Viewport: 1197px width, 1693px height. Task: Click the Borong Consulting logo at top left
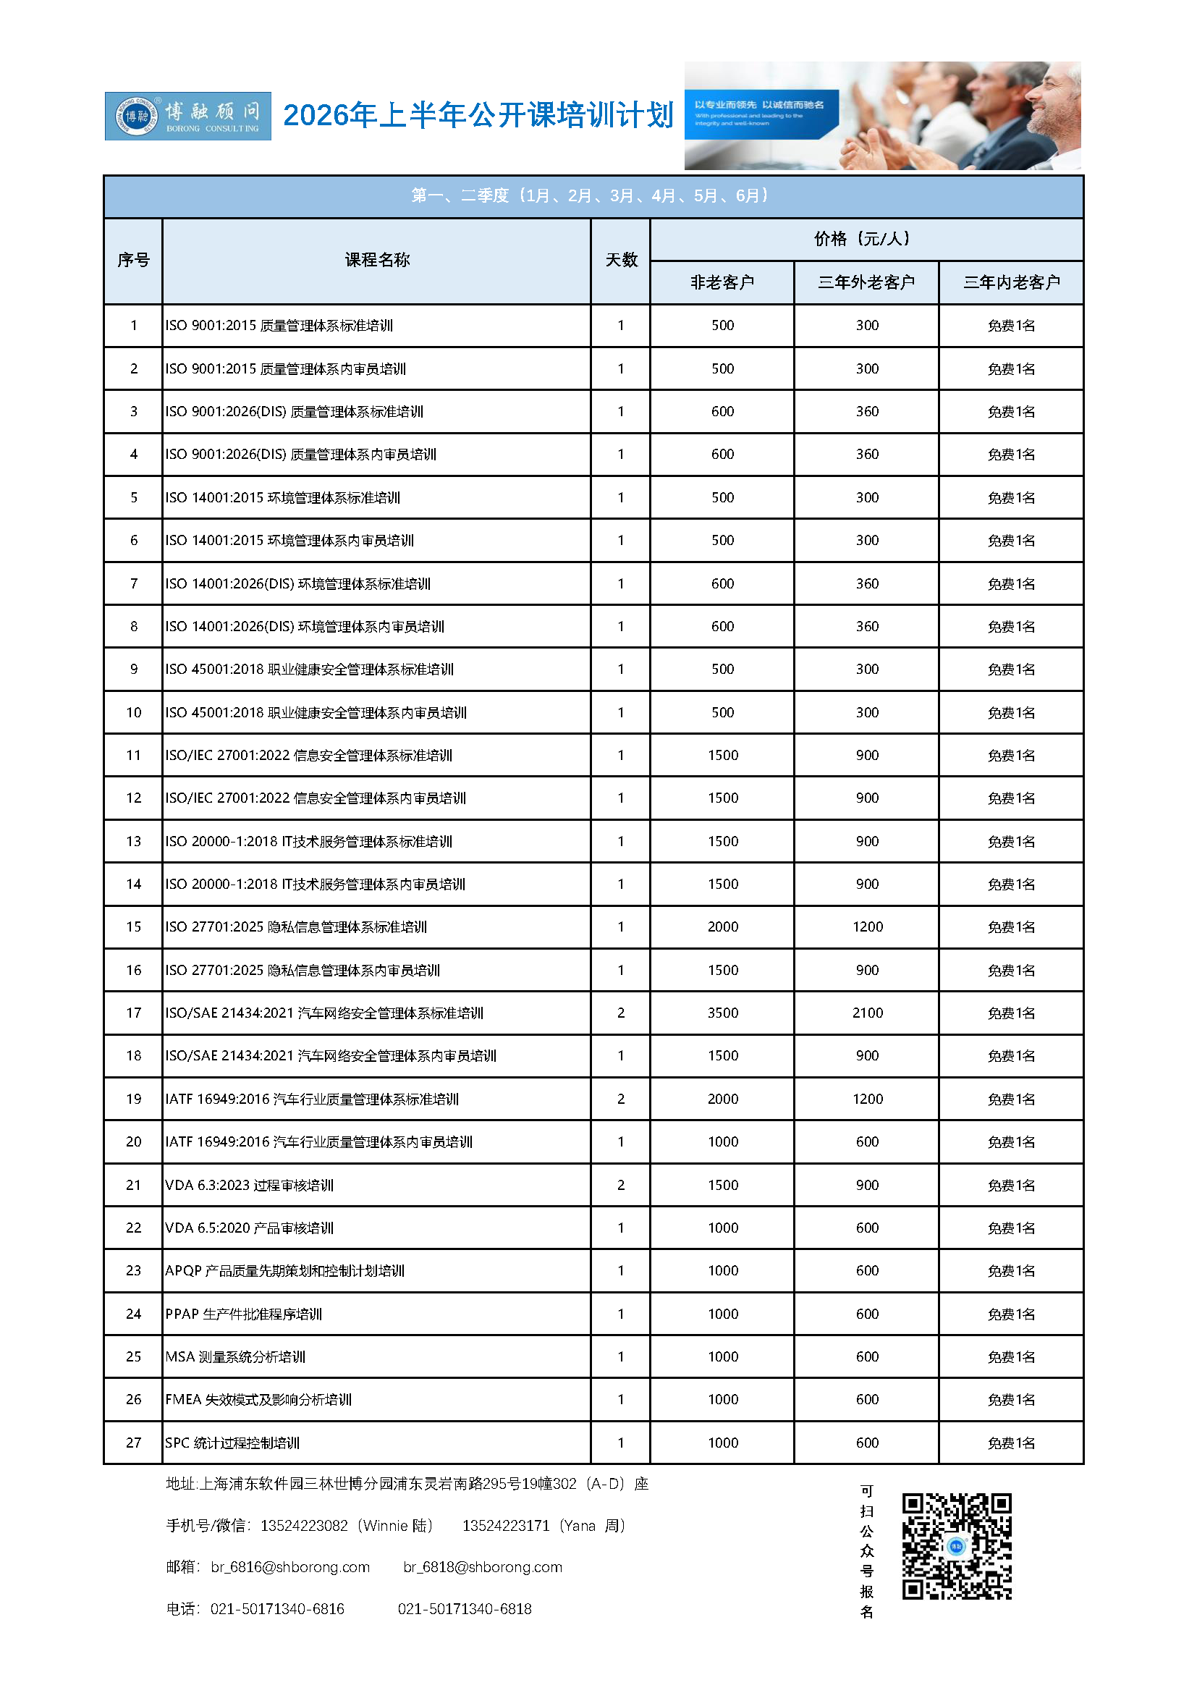pos(188,116)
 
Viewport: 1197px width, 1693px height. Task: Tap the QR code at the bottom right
pos(956,1545)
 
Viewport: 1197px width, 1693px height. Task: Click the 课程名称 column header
pos(376,260)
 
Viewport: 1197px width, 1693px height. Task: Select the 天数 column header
pos(621,260)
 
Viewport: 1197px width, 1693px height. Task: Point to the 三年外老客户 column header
pos(866,282)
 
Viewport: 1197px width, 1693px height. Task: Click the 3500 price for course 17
pos(722,1013)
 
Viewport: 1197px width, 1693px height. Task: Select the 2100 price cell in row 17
pos(867,1013)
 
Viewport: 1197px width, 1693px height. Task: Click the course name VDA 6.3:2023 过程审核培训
pos(249,1184)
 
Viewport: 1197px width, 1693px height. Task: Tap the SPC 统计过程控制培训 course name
pos(232,1443)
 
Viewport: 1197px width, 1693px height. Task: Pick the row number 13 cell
pos(133,840)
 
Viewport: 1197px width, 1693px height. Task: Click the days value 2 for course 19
pos(621,1099)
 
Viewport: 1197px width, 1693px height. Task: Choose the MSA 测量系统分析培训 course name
pos(235,1356)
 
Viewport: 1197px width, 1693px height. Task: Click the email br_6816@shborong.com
pos(290,1566)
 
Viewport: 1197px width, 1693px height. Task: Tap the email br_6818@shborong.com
pos(483,1566)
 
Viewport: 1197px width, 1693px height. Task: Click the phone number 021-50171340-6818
pos(465,1608)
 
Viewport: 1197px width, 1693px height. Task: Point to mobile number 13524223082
pos(304,1525)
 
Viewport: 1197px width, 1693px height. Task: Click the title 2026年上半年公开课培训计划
pos(478,115)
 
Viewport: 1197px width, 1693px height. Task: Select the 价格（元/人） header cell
pos(866,238)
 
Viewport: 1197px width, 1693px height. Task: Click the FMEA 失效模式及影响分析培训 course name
pos(258,1399)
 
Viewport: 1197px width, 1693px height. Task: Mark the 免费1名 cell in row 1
pos(1010,325)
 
